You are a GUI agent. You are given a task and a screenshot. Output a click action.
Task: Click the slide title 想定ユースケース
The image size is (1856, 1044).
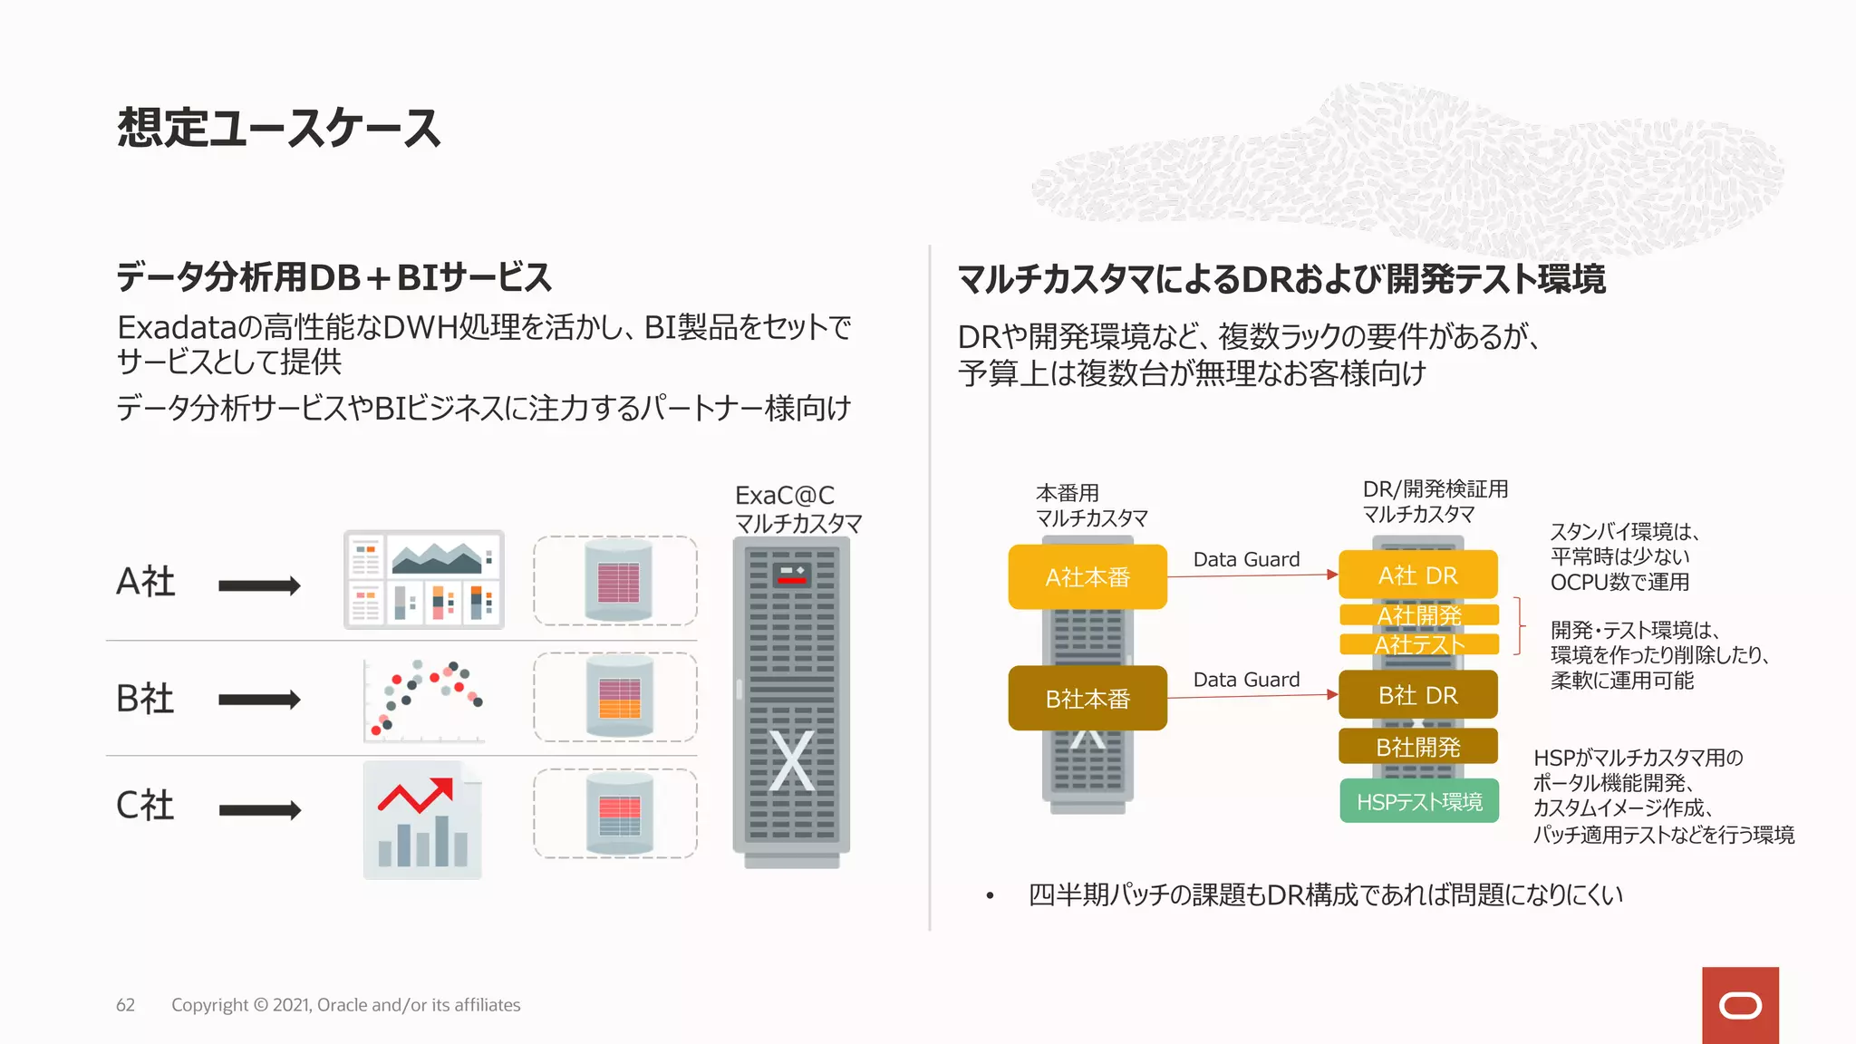[279, 128]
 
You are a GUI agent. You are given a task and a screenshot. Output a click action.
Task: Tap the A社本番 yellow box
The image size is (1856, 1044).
[1087, 577]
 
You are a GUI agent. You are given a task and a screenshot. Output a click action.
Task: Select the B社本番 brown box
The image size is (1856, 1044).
[1087, 699]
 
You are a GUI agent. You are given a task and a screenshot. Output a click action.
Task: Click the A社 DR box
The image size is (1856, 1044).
[1418, 575]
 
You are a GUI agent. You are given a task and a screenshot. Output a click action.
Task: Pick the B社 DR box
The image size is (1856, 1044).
[1418, 695]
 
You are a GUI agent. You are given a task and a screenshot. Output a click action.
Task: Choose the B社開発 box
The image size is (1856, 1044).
[1418, 747]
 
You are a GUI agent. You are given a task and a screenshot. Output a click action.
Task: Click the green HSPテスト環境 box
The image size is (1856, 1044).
[1419, 801]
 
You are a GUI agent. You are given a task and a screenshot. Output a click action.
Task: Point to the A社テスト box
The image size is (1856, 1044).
[1419, 644]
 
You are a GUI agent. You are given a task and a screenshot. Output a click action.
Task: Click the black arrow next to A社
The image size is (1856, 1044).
[259, 585]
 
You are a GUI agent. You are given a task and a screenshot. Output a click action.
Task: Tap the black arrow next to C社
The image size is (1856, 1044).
[259, 809]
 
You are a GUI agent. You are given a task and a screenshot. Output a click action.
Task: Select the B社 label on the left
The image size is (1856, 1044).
[145, 699]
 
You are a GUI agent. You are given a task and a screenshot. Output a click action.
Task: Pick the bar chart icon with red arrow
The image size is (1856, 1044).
[422, 821]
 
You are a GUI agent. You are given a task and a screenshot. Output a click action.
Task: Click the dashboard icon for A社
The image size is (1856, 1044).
[424, 580]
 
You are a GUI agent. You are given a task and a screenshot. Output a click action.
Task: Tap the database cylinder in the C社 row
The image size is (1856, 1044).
[619, 814]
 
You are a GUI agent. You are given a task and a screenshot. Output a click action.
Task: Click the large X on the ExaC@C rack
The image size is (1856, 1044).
[791, 761]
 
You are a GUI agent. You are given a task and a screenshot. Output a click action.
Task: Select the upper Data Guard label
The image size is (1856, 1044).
[1246, 559]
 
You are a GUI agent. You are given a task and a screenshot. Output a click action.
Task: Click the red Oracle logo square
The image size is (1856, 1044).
[1740, 1005]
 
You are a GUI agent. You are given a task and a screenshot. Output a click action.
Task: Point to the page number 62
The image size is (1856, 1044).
[125, 1005]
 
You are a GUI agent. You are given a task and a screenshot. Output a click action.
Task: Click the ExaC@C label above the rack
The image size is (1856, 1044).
[785, 496]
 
